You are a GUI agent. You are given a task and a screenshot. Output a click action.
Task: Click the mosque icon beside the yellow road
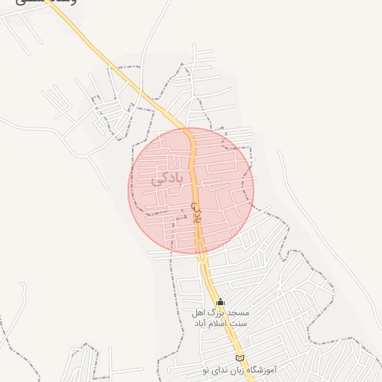pyautogui.click(x=220, y=302)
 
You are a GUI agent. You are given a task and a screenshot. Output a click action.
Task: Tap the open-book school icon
pyautogui.click(x=239, y=358)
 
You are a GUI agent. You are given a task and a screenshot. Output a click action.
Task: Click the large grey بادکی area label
pyautogui.click(x=167, y=179)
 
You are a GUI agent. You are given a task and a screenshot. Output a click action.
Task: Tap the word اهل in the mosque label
pyautogui.click(x=199, y=313)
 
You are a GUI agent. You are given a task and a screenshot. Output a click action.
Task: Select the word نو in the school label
pyautogui.click(x=207, y=370)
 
